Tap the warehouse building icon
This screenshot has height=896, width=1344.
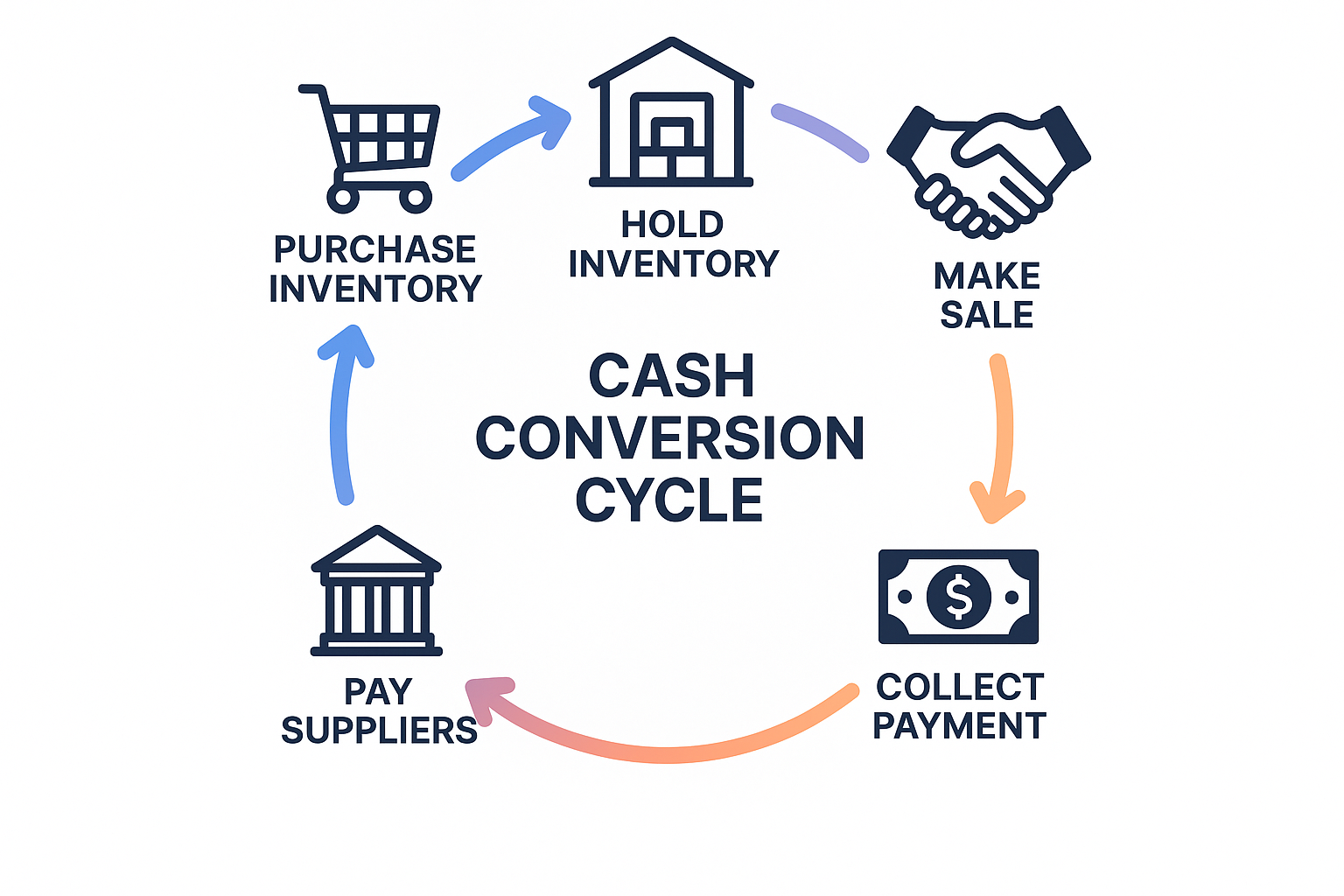[671, 114]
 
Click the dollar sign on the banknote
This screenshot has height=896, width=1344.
[959, 597]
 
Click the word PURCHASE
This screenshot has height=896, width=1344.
[374, 249]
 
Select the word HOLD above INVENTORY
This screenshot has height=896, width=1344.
[672, 225]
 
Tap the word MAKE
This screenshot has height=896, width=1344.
[987, 276]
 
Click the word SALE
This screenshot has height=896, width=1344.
[987, 315]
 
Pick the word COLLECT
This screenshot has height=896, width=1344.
[960, 688]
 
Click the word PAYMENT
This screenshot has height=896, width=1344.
[959, 726]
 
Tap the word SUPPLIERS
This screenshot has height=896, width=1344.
[379, 731]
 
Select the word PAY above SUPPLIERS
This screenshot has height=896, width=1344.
[378, 692]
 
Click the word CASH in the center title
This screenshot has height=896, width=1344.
[671, 376]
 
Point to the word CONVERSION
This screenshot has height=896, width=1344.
[670, 437]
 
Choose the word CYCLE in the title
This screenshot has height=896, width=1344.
[669, 500]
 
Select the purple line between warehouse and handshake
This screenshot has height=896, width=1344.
[821, 131]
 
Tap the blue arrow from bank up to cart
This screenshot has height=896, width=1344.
[340, 420]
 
